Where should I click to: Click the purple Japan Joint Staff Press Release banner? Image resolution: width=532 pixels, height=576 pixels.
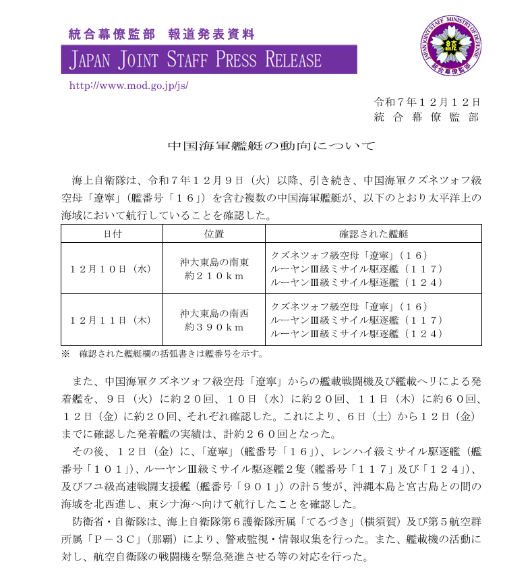coord(209,59)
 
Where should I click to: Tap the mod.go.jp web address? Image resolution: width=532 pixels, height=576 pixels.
coord(129,86)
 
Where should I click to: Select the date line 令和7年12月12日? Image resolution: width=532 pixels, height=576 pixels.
coord(427,102)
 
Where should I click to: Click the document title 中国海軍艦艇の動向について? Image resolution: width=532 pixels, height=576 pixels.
coord(270,146)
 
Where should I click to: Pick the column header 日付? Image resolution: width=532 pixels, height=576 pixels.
coord(112,233)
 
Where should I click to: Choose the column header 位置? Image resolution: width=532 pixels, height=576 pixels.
coord(214,233)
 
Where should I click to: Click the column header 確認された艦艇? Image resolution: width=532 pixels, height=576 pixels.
coord(374,233)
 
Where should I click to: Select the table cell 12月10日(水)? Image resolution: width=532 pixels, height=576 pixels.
coord(112,268)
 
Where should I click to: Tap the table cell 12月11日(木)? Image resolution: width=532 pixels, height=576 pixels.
coord(112,320)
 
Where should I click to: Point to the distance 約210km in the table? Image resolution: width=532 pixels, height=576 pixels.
coord(214,276)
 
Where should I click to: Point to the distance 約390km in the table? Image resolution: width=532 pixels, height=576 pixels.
coord(214,327)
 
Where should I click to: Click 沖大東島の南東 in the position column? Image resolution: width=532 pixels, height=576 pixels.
coord(214,262)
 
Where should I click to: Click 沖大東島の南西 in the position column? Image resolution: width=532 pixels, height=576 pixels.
coord(214,313)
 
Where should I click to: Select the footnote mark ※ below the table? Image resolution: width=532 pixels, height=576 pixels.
coord(65,353)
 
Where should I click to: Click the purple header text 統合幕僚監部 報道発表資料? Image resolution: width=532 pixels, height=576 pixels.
coord(162,33)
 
